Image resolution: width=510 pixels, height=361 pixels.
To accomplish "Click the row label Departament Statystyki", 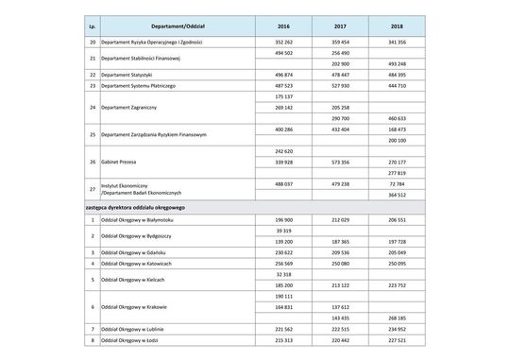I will tap(127, 74).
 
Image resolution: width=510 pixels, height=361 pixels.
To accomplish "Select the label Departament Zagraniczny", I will tap(129, 107).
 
